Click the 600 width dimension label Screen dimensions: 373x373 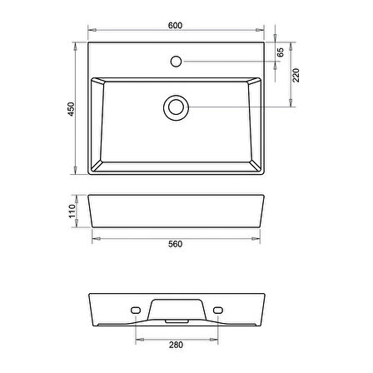pyautogui.click(x=176, y=26)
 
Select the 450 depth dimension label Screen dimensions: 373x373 pyautogui.click(x=72, y=109)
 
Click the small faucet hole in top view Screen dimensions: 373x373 pyautogui.click(x=177, y=61)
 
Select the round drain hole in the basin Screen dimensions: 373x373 pyautogui.click(x=177, y=107)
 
